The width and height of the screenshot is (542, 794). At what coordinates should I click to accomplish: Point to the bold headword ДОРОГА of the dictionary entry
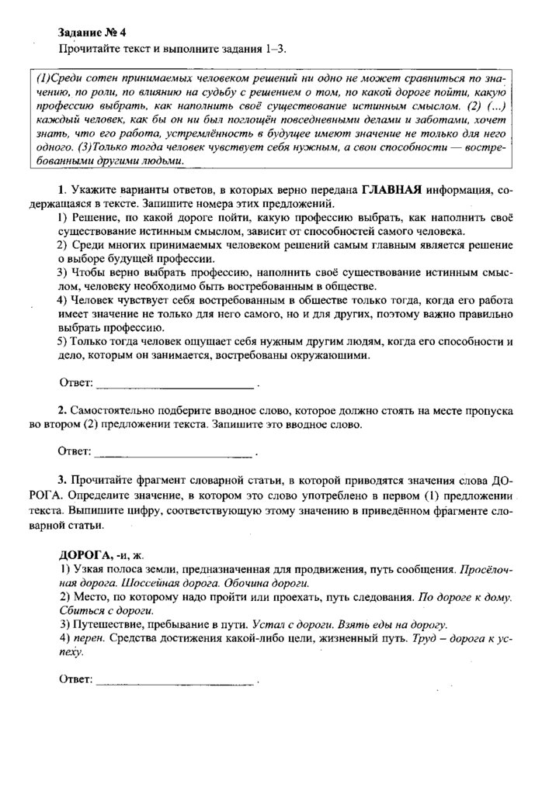coord(85,555)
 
